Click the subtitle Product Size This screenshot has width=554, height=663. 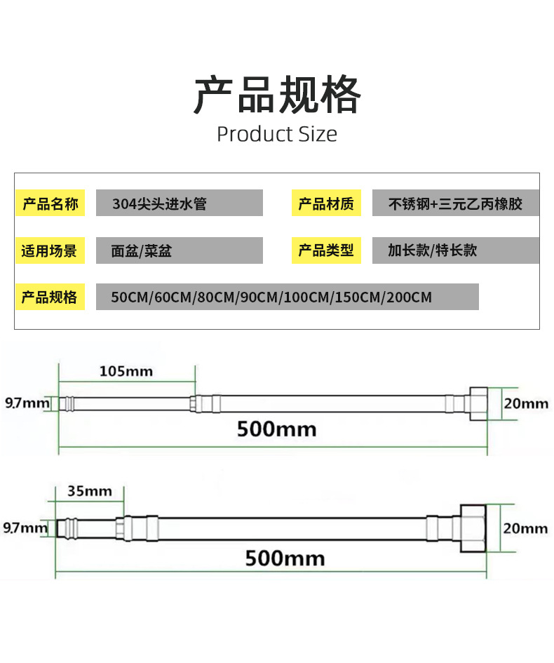tap(276, 134)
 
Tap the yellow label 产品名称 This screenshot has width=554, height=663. tap(50, 204)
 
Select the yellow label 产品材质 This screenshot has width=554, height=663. tap(326, 204)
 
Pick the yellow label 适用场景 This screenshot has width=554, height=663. tap(50, 250)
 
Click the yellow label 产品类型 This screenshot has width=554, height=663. tap(326, 250)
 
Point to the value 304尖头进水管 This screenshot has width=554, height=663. tap(160, 204)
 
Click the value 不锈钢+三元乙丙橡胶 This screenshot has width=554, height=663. tap(455, 204)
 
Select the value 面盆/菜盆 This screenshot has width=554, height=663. tap(141, 250)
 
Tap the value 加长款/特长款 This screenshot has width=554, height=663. tap(432, 250)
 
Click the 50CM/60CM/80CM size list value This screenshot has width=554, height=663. tap(271, 297)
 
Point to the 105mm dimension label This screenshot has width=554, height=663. tap(126, 370)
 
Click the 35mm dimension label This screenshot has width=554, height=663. tap(89, 491)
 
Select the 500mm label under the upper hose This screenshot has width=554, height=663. tap(276, 428)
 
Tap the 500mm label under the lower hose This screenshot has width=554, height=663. tap(285, 558)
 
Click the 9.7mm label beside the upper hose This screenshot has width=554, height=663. tap(27, 403)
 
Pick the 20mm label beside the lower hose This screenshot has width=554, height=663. tap(525, 528)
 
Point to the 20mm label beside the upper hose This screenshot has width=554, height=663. tap(526, 403)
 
